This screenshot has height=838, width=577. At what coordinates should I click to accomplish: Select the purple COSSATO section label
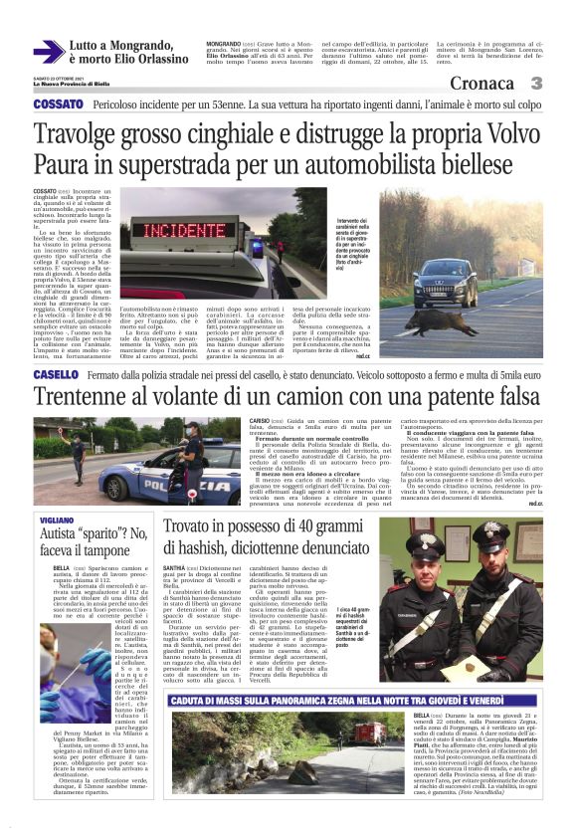pos(58,105)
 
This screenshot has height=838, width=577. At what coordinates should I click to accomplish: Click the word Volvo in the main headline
pos(482,133)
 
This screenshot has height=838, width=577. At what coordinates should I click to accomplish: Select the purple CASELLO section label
pos(56,374)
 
